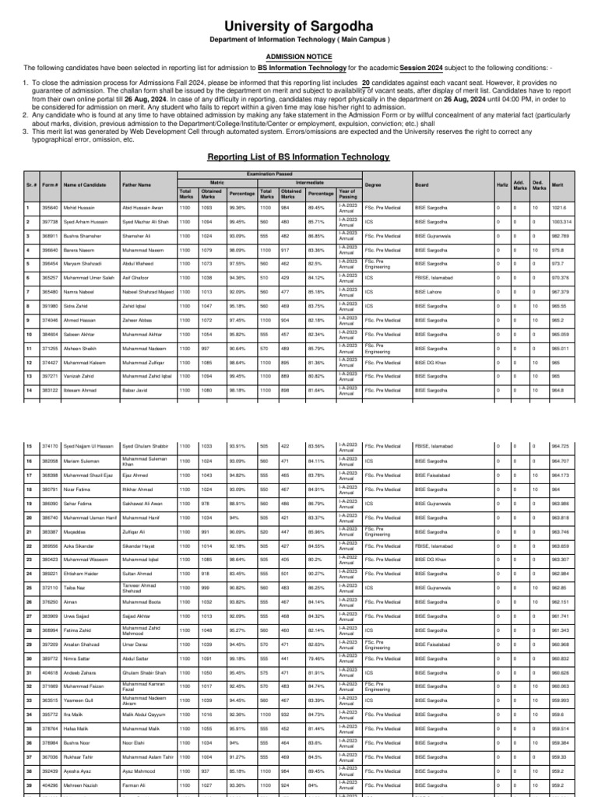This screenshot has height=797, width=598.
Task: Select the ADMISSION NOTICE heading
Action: coord(299,57)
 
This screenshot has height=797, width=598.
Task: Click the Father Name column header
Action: coord(137,185)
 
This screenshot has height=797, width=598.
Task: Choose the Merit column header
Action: coord(557,185)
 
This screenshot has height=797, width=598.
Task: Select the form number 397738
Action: coord(50,222)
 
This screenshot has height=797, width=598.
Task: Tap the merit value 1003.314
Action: coord(561,222)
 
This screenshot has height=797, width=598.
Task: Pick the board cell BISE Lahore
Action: coord(428,292)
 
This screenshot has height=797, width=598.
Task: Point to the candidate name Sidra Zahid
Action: coord(76,306)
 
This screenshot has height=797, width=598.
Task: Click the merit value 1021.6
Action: coord(558,208)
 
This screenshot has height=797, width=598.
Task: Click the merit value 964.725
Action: coord(560,446)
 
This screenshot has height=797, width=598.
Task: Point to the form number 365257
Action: coord(50,278)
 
